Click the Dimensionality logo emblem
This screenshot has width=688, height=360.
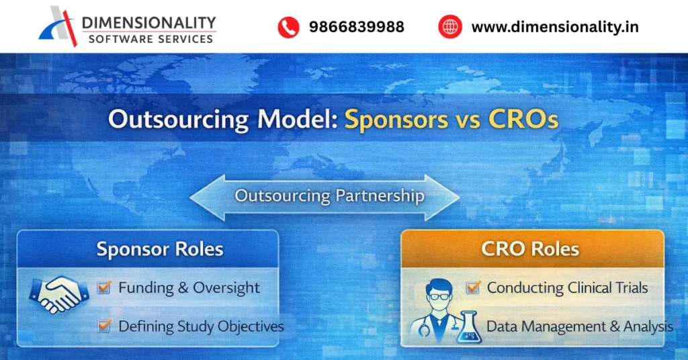tap(59, 27)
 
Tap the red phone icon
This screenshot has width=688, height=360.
tap(288, 27)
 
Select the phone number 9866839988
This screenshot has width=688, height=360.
tap(356, 27)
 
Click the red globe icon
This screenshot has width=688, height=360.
tap(450, 27)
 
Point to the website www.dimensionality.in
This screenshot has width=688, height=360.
tap(554, 27)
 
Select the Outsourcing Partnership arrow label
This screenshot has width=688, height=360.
tap(329, 196)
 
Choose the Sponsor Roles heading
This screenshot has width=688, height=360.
tap(160, 249)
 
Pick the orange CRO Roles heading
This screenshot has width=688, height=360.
tap(530, 249)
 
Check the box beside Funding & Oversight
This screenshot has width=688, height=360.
tap(104, 288)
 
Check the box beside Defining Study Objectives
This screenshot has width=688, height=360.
tap(104, 326)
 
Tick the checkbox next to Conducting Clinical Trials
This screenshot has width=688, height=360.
tap(473, 288)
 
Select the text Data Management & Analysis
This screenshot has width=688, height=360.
tap(579, 327)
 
